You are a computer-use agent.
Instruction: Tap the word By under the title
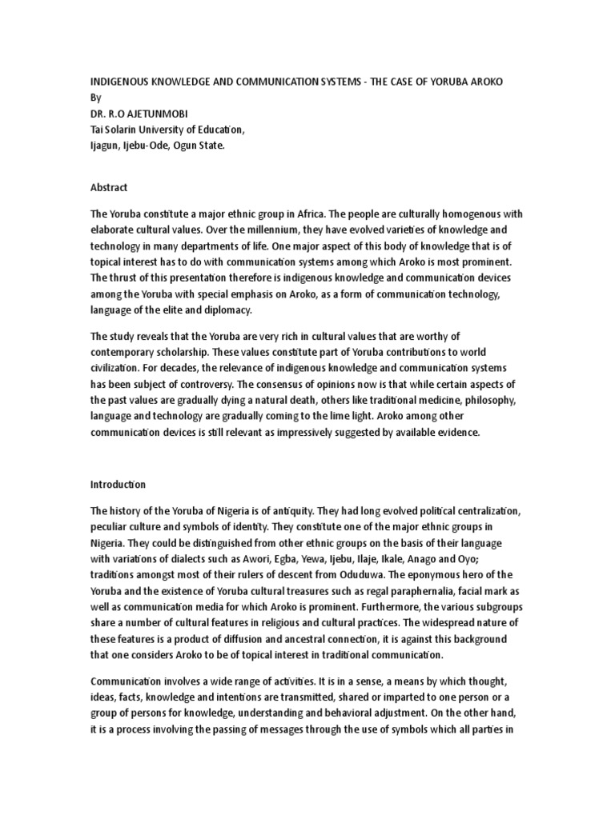[x=95, y=98]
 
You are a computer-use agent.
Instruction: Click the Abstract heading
[x=109, y=188]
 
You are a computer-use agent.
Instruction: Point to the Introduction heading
[x=118, y=485]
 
